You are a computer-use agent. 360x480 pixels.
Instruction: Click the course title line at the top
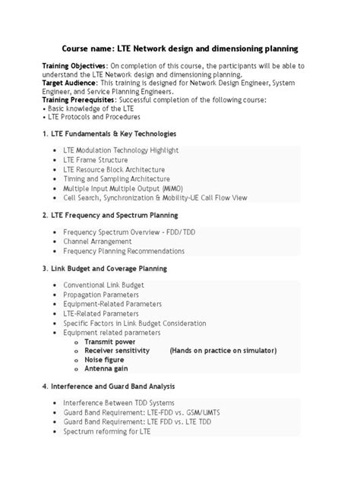pos(179,48)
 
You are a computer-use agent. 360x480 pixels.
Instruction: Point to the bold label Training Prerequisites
pos(79,99)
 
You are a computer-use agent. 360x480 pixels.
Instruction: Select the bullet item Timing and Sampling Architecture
pos(116,178)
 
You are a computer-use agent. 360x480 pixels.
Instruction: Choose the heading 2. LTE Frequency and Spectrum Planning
pos(115,215)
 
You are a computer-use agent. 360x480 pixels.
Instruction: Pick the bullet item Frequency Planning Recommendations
pos(124,250)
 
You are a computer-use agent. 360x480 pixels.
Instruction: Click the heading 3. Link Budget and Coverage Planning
pos(105,268)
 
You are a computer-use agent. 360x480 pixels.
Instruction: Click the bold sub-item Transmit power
pos(111,341)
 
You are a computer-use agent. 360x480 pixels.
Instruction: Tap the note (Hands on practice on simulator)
pos(223,350)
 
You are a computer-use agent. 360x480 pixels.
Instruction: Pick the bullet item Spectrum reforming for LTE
pos(107,430)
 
